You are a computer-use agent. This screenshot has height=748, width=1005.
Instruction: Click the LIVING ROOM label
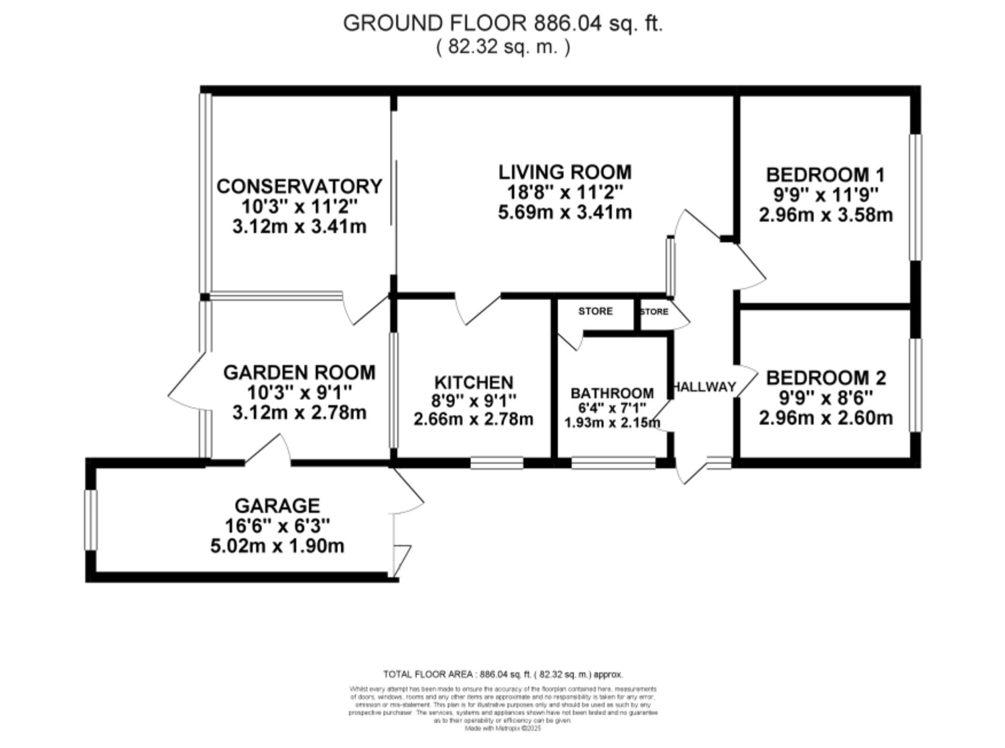[x=565, y=172]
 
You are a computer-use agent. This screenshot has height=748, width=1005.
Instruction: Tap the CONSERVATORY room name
[x=299, y=186]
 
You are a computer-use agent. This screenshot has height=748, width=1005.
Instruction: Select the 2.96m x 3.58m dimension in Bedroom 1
[x=826, y=215]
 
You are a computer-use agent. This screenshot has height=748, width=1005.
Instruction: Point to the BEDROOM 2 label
[x=826, y=378]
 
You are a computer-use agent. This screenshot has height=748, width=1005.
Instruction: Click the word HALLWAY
[x=704, y=387]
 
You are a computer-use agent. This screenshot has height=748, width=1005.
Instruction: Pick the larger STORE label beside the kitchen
[x=595, y=311]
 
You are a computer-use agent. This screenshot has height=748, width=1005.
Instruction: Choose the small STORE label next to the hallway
[x=654, y=312]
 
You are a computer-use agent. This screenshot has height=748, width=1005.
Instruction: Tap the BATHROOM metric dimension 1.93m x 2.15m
[x=612, y=423]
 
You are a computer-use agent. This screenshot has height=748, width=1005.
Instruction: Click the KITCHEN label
[x=473, y=383]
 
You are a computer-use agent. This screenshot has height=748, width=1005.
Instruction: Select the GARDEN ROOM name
[x=299, y=372]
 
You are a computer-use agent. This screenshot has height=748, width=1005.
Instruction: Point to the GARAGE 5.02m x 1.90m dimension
[x=277, y=546]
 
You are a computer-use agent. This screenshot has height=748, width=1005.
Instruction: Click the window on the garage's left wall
[x=91, y=520]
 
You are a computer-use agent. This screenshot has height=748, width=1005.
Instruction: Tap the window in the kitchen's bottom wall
[x=497, y=463]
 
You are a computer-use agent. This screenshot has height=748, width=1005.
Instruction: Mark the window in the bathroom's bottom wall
[x=614, y=463]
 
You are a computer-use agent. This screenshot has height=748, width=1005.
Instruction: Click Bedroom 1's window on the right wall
[x=916, y=197]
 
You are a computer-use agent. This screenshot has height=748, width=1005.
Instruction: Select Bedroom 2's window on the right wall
[x=916, y=385]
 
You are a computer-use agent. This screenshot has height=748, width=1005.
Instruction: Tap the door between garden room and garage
[x=267, y=450]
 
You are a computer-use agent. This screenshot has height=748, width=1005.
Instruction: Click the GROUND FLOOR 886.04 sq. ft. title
[x=502, y=24]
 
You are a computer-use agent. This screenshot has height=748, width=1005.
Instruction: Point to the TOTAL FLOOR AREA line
[x=502, y=674]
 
